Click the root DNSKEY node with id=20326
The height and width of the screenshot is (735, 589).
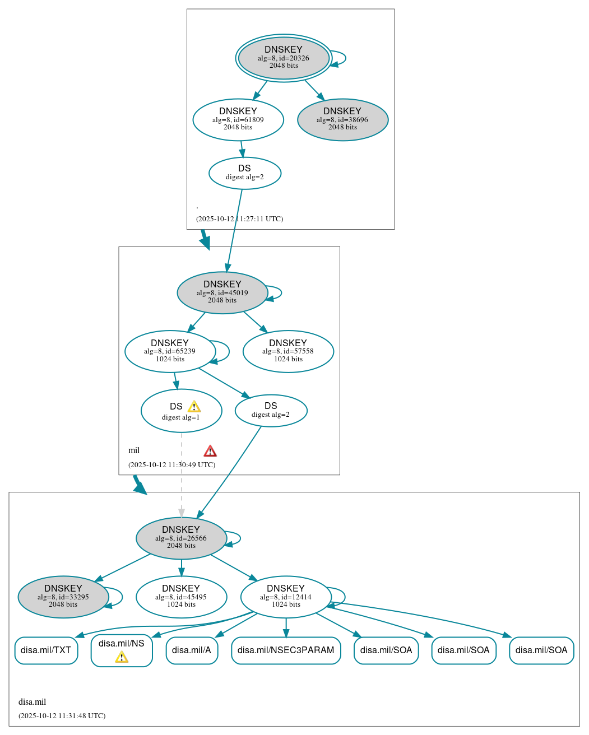(284, 58)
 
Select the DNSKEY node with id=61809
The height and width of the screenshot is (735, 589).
(238, 119)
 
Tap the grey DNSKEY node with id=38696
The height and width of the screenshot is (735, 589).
(342, 119)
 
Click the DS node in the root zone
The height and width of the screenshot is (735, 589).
(244, 173)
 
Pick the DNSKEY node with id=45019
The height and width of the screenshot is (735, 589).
(222, 292)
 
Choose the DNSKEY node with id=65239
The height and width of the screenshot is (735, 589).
(170, 351)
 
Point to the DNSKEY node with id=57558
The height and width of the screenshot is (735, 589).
(288, 351)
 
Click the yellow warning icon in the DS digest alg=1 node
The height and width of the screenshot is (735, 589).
(194, 407)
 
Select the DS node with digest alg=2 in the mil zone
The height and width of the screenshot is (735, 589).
(271, 411)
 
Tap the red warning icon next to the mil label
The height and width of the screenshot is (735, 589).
(210, 451)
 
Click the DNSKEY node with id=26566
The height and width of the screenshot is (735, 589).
(180, 538)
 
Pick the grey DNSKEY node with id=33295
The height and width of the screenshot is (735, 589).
(63, 597)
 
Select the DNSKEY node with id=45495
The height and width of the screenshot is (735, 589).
(181, 597)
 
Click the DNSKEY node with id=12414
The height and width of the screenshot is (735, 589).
(286, 597)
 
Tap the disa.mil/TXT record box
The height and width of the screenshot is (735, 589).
(46, 650)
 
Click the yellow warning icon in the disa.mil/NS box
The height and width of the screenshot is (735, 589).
(122, 657)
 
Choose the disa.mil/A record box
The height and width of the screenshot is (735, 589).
(192, 650)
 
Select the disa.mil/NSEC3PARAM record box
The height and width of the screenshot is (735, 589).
(286, 650)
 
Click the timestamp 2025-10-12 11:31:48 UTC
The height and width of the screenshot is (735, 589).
(62, 716)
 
